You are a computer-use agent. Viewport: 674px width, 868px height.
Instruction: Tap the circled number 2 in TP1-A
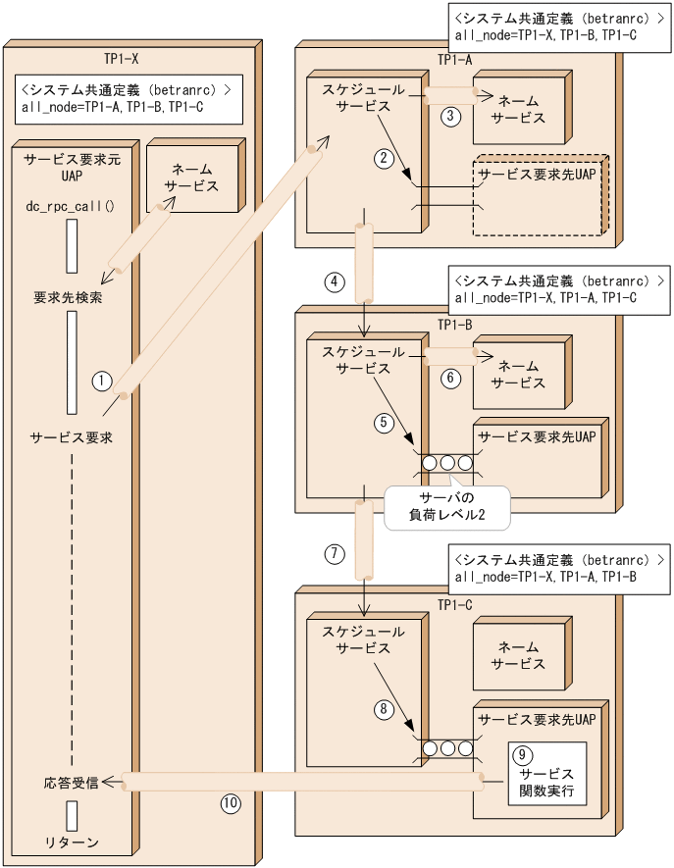coord(385,157)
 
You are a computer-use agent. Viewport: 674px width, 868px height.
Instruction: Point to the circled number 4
coord(335,282)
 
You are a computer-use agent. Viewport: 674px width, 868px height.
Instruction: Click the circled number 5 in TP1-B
coord(385,423)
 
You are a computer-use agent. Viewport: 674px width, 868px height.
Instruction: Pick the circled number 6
coord(450,379)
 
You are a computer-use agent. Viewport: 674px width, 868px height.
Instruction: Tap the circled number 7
coord(335,552)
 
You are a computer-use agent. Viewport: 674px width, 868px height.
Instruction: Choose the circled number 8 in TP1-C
coord(385,707)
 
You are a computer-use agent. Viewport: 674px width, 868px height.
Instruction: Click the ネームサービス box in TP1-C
coord(519,655)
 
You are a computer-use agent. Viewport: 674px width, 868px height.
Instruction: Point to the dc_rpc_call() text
coord(71,206)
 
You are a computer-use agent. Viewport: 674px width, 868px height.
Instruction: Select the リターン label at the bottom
coord(71,842)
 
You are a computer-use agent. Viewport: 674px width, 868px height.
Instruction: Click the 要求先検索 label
coord(71,297)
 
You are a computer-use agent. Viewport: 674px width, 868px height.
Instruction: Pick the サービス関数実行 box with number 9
coord(546,774)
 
